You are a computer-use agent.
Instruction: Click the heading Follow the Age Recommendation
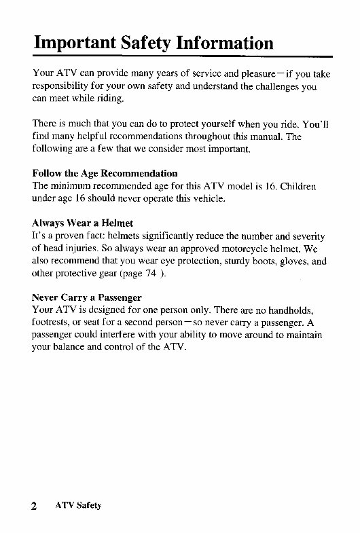coord(105,173)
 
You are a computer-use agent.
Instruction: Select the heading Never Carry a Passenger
coord(87,297)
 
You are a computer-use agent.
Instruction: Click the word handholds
coord(295,310)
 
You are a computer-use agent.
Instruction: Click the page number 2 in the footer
coord(33,506)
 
